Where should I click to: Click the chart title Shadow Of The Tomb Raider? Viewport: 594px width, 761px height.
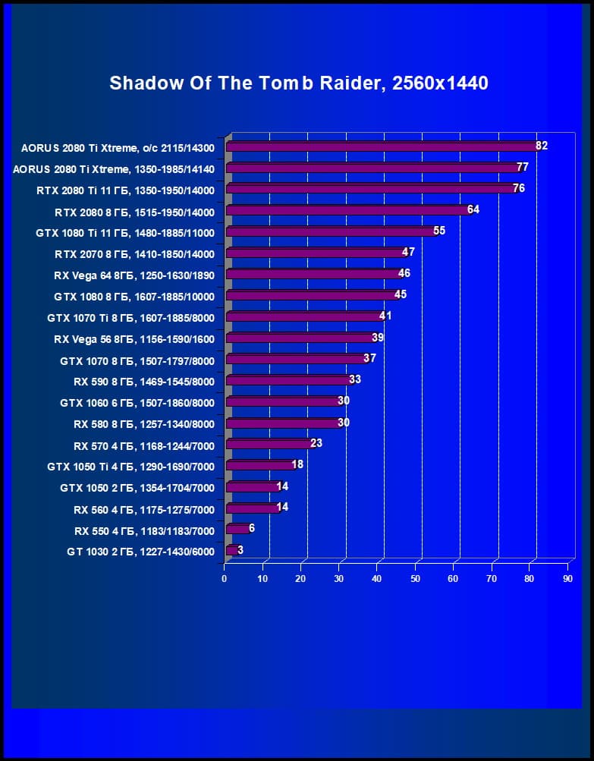point(298,83)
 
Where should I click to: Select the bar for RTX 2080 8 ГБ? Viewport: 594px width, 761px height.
point(349,210)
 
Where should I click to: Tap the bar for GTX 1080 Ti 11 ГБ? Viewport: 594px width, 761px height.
point(332,231)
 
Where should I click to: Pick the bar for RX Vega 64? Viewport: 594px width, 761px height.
point(314,274)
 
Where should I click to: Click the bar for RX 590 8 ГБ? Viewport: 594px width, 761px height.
point(289,380)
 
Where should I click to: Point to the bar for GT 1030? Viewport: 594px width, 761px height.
point(232,550)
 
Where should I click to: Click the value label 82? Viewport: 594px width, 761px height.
point(541,146)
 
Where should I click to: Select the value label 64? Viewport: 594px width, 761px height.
point(473,209)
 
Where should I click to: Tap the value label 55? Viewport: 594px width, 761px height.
point(438,231)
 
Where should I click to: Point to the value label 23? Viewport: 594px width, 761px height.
point(316,443)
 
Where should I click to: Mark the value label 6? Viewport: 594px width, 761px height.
point(252,528)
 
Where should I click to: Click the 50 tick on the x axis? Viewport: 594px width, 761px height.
point(416,579)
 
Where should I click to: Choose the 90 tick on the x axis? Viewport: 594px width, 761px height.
point(568,579)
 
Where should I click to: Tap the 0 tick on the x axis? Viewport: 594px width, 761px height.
point(225,579)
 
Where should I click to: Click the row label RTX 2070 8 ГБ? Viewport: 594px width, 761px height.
point(135,254)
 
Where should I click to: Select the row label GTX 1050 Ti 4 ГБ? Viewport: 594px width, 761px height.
point(130,467)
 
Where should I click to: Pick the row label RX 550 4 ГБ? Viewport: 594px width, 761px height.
point(144,530)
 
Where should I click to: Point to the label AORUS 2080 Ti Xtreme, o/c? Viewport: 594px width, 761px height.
point(118,148)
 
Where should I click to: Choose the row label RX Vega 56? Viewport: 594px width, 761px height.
point(134,339)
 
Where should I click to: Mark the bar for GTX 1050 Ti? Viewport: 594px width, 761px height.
point(261,465)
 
